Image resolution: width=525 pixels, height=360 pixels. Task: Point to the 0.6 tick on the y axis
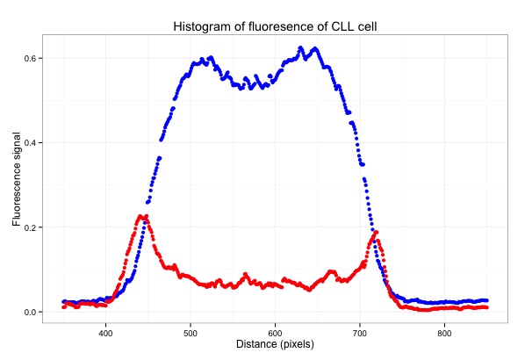click(x=29, y=58)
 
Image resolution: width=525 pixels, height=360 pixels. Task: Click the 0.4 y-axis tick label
click(x=29, y=143)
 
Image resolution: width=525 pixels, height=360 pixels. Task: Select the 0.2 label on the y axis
click(x=29, y=227)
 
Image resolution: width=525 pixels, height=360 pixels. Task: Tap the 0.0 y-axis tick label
click(x=29, y=312)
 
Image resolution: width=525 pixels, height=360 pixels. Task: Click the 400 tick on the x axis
click(x=106, y=334)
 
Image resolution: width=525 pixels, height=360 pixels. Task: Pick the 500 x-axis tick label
click(x=191, y=334)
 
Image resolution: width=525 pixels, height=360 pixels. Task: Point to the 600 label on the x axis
click(x=275, y=334)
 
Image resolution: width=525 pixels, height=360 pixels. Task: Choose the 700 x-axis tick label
click(x=360, y=334)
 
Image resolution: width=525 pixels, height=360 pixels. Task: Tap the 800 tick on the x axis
click(x=444, y=334)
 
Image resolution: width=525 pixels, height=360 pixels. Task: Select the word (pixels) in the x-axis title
click(x=297, y=345)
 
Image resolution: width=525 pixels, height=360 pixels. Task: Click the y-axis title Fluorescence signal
click(x=17, y=179)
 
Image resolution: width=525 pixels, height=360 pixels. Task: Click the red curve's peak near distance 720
click(x=376, y=233)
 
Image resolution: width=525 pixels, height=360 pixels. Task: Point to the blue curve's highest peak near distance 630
click(x=300, y=48)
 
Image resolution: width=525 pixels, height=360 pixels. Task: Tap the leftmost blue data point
click(x=63, y=302)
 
